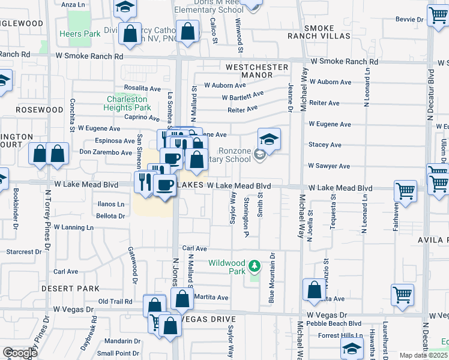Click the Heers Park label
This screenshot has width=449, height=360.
(80, 34)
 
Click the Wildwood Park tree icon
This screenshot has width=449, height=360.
(255, 265)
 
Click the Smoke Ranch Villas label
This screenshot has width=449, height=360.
(327, 32)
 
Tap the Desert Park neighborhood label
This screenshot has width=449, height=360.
(70, 289)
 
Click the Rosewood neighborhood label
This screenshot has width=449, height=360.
(40, 110)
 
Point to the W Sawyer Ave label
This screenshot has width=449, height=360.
(328, 166)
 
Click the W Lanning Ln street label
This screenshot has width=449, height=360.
(74, 227)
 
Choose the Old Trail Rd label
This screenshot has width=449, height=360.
(115, 301)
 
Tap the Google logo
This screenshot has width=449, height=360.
(20, 353)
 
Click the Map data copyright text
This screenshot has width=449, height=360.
(424, 355)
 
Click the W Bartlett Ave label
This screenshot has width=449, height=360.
(243, 95)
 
